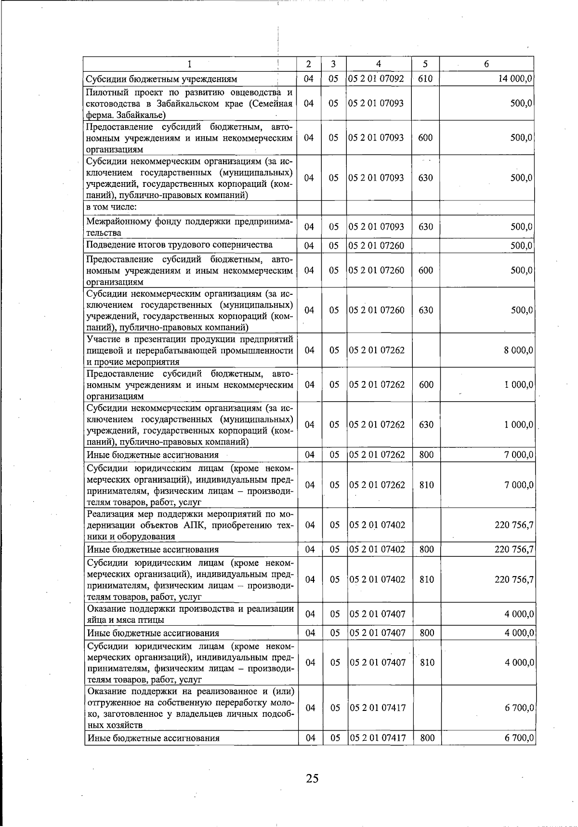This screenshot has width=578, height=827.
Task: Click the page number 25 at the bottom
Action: pyautogui.click(x=312, y=778)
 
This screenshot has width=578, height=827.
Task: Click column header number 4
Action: pyautogui.click(x=379, y=64)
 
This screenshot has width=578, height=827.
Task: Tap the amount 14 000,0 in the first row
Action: pyautogui.click(x=515, y=79)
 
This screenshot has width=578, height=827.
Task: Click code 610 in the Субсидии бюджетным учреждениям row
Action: pyautogui.click(x=425, y=79)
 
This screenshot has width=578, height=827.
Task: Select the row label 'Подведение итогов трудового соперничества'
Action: pyautogui.click(x=179, y=245)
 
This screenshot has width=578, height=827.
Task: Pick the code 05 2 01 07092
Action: pyautogui.click(x=376, y=79)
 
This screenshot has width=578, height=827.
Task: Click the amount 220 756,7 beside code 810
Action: pyautogui.click(x=513, y=579)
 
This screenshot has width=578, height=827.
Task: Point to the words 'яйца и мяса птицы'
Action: pyautogui.click(x=125, y=620)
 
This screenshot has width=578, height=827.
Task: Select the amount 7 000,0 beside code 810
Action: pyautogui.click(x=518, y=485)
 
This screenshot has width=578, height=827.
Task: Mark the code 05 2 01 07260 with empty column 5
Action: pyautogui.click(x=377, y=246)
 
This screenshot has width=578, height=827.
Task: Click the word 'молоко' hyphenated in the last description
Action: pyautogui.click(x=279, y=703)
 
